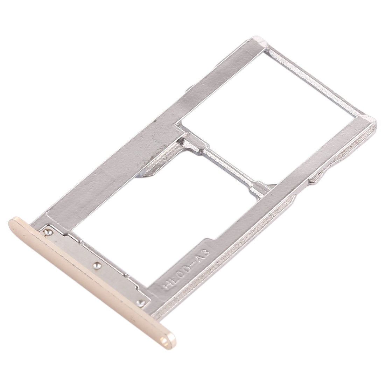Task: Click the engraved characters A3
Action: pos(202,250)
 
